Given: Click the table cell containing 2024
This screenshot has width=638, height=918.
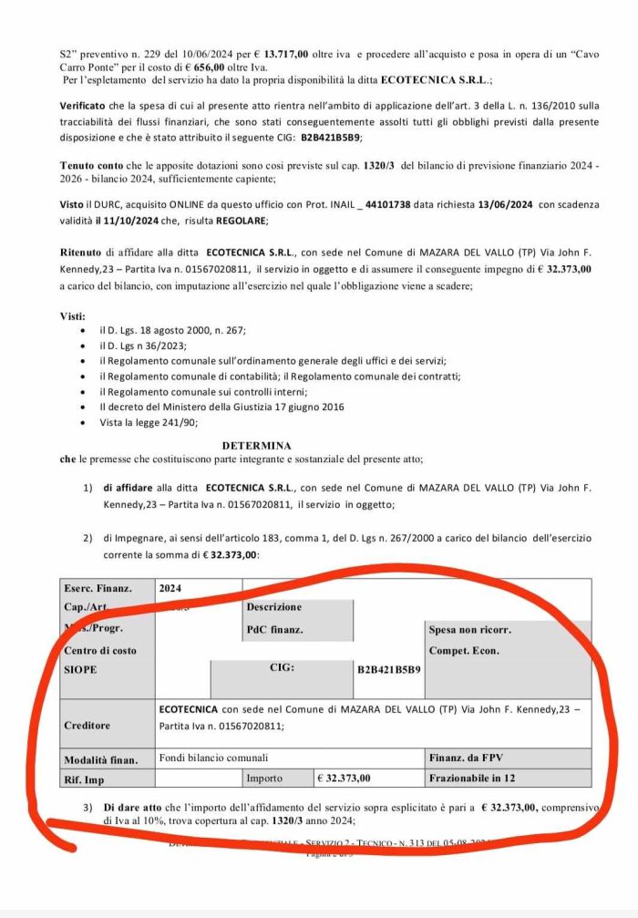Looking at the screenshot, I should [170, 589].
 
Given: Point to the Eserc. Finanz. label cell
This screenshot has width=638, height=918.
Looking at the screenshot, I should [98, 589].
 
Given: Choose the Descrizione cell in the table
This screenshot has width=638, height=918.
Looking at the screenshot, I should [273, 607].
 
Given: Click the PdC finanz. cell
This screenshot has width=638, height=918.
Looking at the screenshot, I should [275, 629].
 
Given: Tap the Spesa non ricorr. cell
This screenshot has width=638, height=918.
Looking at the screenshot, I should [469, 629].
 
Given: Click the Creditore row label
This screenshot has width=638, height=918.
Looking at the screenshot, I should [87, 726].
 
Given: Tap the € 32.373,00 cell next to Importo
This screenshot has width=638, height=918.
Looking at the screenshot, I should [345, 779].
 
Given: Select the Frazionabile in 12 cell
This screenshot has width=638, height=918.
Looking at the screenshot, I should [472, 779].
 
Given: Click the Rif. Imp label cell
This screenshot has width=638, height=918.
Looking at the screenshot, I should [85, 779].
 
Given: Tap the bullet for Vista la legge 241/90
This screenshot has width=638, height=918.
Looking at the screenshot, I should [85, 422].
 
